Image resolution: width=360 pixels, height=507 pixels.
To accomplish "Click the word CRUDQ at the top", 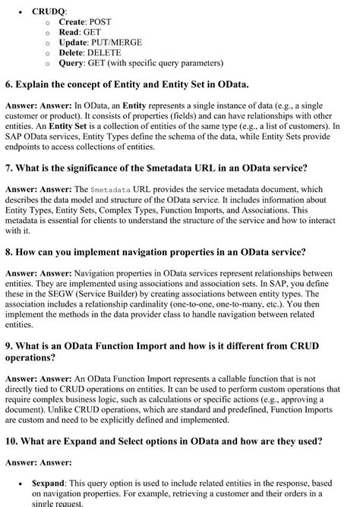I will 49,12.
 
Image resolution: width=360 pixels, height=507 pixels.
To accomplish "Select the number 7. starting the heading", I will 9,167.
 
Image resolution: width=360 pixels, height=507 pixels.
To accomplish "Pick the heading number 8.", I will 9,251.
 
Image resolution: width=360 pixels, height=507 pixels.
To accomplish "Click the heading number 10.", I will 12,441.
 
